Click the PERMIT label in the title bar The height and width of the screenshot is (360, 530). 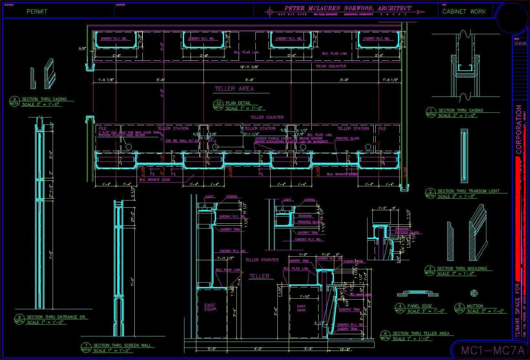click(x=37, y=12)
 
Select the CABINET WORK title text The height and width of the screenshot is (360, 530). click(x=464, y=12)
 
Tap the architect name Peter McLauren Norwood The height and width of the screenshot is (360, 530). click(x=348, y=9)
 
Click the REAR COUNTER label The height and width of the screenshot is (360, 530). click(x=331, y=66)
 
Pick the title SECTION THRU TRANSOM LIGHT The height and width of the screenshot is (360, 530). click(x=468, y=191)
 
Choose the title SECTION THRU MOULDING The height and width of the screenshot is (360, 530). click(x=462, y=268)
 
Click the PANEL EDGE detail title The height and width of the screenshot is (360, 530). click(x=420, y=306)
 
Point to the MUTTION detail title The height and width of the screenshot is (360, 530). click(x=475, y=306)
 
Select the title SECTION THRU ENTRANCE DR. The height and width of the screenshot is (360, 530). click(x=56, y=317)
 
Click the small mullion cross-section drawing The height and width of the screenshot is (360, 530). click(x=474, y=293)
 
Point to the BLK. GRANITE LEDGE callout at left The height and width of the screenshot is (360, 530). click(x=155, y=180)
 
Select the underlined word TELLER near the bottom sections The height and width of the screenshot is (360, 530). click(x=259, y=276)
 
